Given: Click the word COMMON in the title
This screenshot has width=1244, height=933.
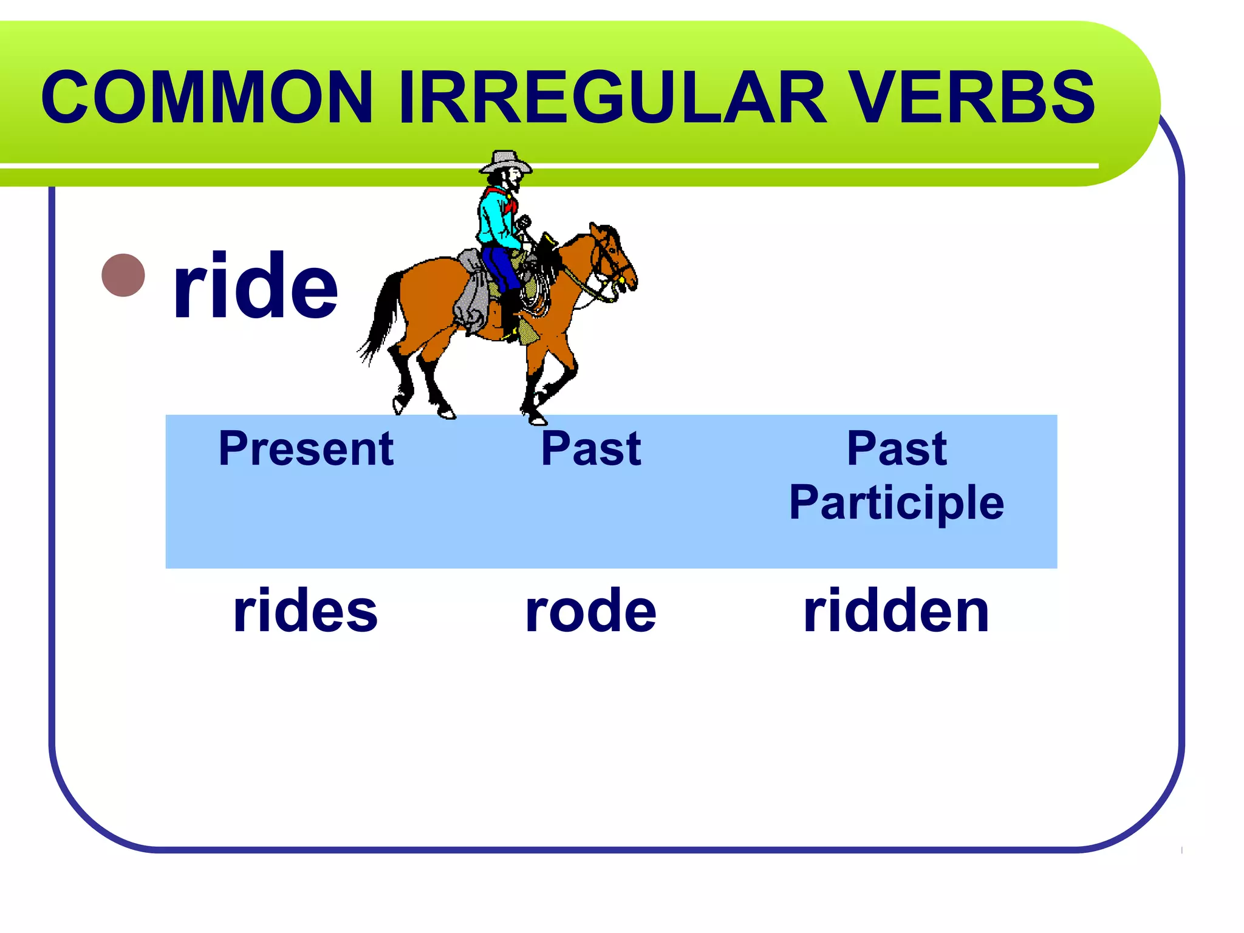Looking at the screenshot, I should click(x=207, y=97).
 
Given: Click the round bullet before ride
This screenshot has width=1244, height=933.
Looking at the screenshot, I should click(x=123, y=275).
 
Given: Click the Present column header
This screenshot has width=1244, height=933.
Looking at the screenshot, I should click(x=306, y=449).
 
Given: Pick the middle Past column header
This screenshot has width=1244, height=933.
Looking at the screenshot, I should click(x=591, y=449).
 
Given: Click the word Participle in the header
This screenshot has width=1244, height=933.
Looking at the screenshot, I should click(x=897, y=503).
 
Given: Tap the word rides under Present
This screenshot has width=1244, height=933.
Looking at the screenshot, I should click(x=306, y=610).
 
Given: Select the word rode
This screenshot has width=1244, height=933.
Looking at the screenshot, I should click(x=591, y=610).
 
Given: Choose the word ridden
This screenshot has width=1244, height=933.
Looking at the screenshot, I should click(x=897, y=610).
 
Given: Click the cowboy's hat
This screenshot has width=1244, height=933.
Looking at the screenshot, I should click(x=505, y=162).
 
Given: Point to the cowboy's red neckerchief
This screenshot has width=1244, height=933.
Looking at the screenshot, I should click(x=503, y=198).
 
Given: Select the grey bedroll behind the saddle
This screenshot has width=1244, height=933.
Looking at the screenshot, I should click(x=471, y=292).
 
